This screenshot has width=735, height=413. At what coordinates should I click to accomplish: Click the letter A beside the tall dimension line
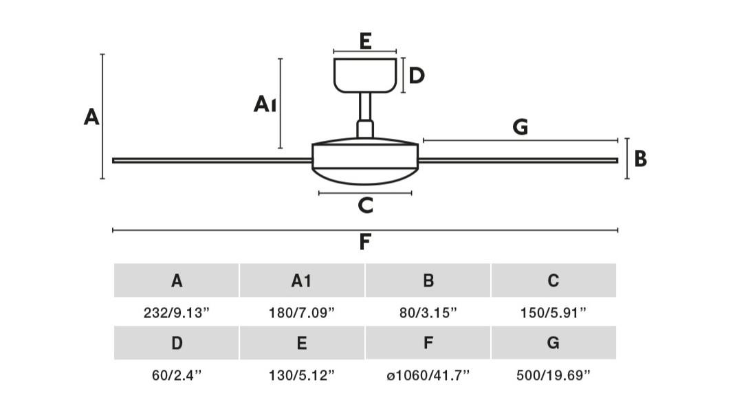[91, 117]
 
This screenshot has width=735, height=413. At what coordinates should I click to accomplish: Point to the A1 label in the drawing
[265, 104]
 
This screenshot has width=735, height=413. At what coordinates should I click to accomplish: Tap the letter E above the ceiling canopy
[366, 41]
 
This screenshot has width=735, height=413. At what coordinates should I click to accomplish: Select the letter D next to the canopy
[417, 76]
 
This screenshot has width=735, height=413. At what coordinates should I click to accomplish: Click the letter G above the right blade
[520, 127]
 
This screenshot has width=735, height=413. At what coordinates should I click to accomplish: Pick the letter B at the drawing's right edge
[640, 159]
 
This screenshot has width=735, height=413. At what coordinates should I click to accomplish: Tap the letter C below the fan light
[366, 205]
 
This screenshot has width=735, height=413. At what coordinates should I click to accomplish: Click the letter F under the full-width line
[364, 242]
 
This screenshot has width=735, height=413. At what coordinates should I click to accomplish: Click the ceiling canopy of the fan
[365, 75]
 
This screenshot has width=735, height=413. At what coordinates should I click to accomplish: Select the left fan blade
[212, 161]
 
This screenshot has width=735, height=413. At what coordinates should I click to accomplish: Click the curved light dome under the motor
[365, 176]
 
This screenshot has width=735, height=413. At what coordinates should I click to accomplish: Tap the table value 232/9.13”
[176, 312]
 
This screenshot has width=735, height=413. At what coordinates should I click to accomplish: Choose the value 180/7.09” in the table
[301, 312]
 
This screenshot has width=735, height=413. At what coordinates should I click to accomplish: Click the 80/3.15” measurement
[428, 312]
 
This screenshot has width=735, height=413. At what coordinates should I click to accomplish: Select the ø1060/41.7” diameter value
[428, 375]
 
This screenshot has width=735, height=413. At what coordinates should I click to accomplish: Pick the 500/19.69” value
[553, 375]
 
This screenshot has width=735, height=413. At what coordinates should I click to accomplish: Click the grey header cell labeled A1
[302, 280]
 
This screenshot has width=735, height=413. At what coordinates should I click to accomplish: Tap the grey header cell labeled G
[553, 343]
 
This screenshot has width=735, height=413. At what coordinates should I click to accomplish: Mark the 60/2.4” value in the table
[176, 375]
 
